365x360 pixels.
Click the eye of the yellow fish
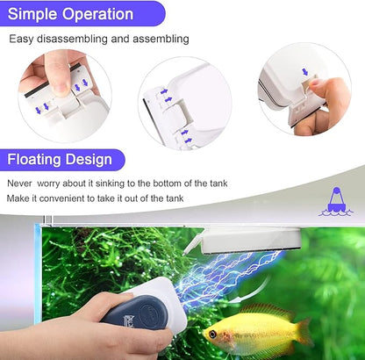click(x=211, y=335)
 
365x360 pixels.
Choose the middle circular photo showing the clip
click(x=184, y=100)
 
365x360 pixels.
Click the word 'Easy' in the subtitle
click(x=21, y=40)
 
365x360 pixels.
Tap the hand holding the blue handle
click(x=53, y=338)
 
